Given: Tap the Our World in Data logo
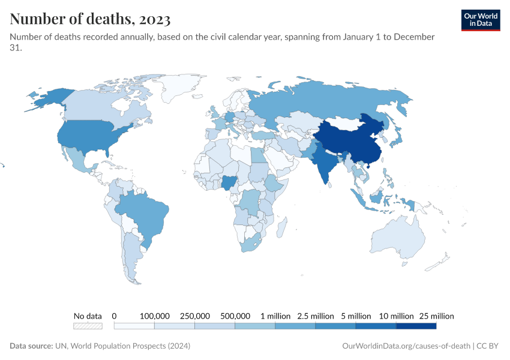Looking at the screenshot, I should (x=480, y=20).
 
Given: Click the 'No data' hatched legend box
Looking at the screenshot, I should (x=88, y=326).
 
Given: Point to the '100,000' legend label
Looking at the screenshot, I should (x=154, y=316).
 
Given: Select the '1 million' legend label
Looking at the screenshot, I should (x=275, y=316).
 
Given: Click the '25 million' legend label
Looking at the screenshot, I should (x=436, y=316).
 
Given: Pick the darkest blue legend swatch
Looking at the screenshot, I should (x=416, y=326).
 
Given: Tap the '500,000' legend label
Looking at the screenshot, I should (x=235, y=316).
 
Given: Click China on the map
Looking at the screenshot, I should (x=348, y=144).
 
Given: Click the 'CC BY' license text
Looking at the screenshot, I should (x=488, y=346).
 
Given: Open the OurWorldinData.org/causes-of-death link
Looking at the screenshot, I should (x=406, y=346).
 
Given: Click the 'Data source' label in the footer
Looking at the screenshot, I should (x=34, y=346).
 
